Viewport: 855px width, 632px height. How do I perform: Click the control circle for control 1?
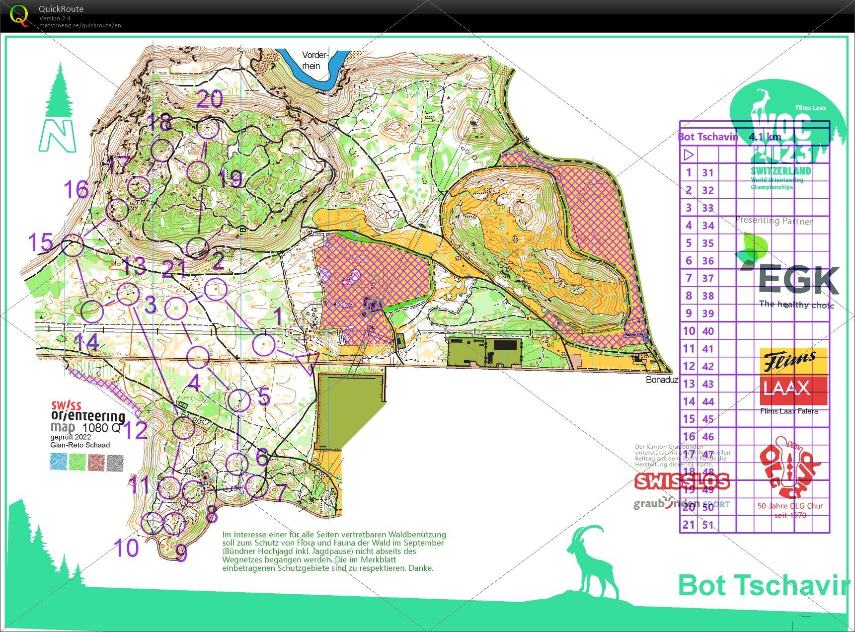coord(264,344)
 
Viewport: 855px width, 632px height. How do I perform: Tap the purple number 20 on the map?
coord(210,99)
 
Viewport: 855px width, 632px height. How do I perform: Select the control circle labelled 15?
coord(73,245)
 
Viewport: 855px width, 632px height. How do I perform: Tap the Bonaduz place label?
coord(662,380)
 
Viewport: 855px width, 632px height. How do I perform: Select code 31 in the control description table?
coord(707,173)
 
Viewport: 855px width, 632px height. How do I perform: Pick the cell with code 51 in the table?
coord(707,525)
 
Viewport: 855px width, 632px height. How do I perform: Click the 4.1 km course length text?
coord(765,137)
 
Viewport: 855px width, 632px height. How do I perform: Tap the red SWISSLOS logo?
coord(682,481)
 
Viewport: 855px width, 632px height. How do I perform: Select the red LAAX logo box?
coord(793,390)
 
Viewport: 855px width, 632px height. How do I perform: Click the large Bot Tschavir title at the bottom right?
coord(763,585)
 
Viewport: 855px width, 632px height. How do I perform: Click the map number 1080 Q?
coord(101,428)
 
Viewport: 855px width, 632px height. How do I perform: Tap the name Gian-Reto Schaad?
coord(79,445)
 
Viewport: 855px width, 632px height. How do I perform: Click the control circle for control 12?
coord(183,428)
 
